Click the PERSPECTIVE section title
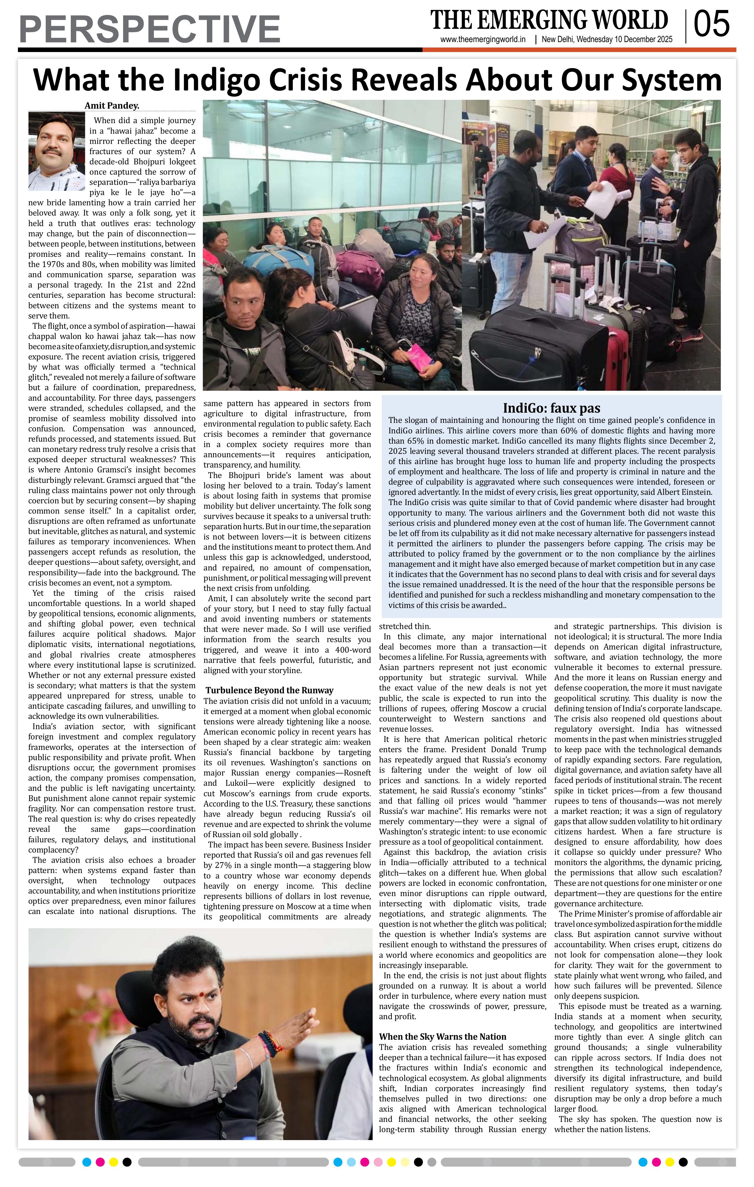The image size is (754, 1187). point(149,29)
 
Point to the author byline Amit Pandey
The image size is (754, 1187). point(112,106)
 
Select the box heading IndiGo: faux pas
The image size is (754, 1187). point(551,408)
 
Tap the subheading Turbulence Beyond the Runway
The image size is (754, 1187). point(269,690)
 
